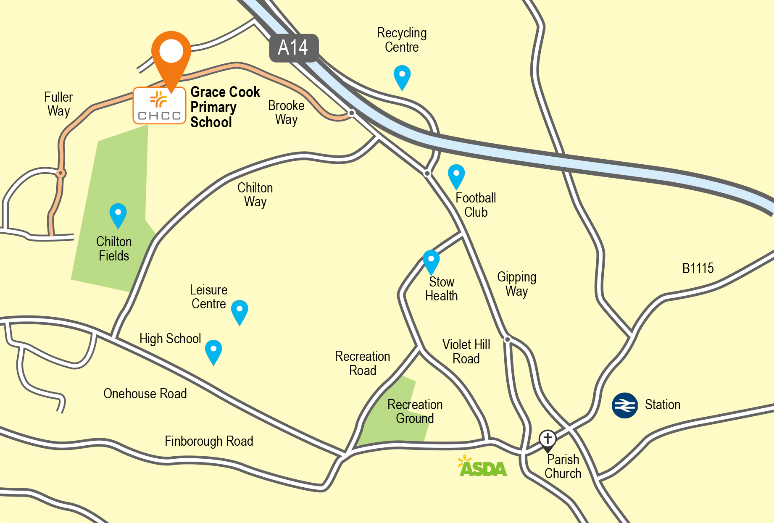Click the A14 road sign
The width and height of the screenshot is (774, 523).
(293, 48)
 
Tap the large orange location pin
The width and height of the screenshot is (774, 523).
(171, 55)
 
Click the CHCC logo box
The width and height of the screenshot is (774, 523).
(159, 105)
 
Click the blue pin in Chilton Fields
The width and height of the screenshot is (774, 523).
(118, 215)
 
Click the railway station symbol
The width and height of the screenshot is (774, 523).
(624, 405)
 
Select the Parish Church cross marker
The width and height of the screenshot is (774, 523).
(548, 439)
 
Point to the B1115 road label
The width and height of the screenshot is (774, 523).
(698, 268)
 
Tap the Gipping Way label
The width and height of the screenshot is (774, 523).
(516, 284)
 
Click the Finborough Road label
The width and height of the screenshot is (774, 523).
(209, 441)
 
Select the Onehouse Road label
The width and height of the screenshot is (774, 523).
(145, 394)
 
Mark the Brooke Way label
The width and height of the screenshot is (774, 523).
(286, 112)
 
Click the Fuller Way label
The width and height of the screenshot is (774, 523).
(58, 104)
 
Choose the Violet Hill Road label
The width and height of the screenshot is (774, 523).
(466, 352)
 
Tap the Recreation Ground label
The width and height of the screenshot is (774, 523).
(415, 411)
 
